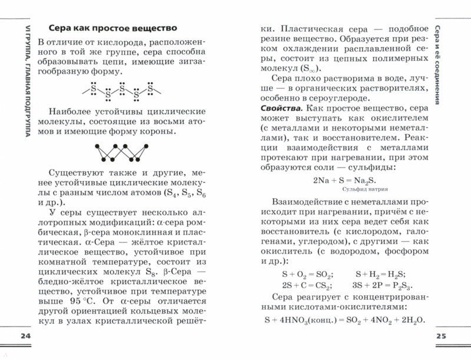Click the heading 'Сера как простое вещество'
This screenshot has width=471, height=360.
[x=112, y=28]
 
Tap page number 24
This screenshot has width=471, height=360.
[x=24, y=336]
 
